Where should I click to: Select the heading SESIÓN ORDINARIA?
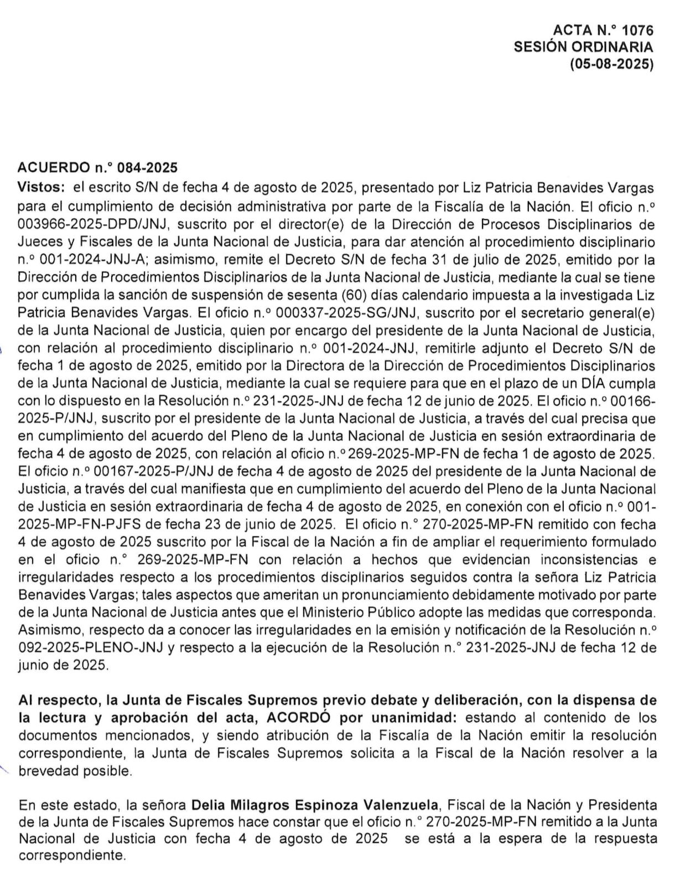tap(583, 47)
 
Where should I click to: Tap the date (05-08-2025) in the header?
tap(611, 64)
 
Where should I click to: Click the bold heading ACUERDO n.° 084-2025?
tap(97, 167)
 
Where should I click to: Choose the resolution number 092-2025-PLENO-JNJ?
tap(90, 648)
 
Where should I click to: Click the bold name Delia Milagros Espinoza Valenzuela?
tap(315, 803)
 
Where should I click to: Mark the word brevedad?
tap(45, 770)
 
